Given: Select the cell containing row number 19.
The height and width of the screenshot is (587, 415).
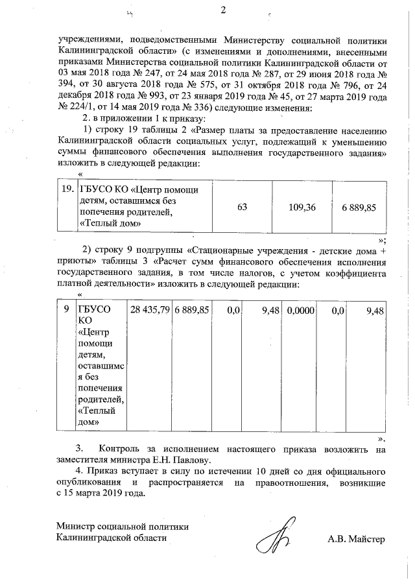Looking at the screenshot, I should [x=65, y=190].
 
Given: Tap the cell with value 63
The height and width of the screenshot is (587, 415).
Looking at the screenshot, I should [x=243, y=206].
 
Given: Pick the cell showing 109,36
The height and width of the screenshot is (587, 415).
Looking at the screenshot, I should [x=302, y=206].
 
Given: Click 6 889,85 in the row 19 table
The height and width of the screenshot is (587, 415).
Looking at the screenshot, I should [x=359, y=206].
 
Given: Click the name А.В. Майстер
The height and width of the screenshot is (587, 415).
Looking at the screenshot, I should [x=356, y=538].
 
